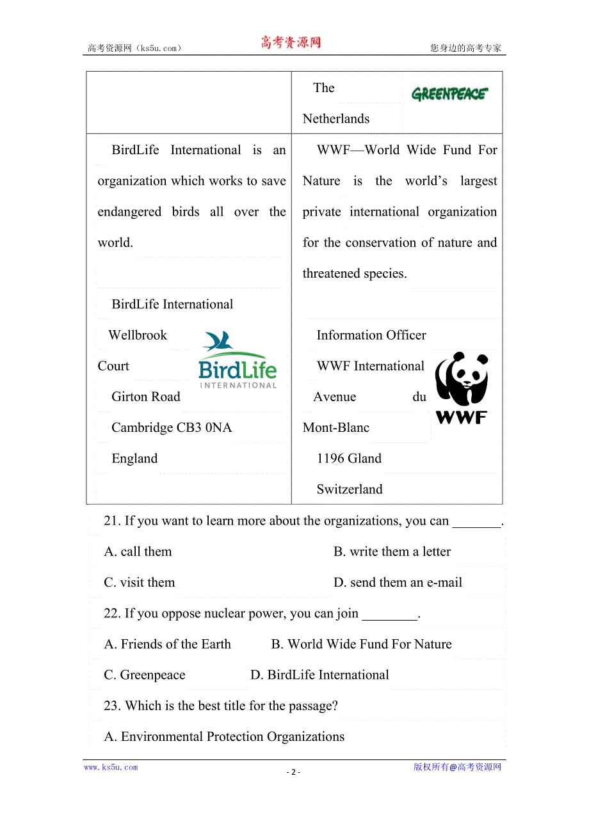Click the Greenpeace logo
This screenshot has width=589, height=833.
[449, 95]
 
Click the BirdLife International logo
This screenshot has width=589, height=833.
[238, 360]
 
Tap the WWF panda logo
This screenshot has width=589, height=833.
[461, 387]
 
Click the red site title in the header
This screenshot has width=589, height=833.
[291, 43]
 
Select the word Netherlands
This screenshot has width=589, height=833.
[336, 119]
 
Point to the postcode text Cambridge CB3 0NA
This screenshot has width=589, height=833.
[172, 427]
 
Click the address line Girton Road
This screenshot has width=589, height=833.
[146, 397]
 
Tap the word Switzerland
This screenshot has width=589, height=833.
[350, 489]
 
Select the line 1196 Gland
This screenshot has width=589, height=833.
[349, 459]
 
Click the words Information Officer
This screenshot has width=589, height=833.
[371, 335]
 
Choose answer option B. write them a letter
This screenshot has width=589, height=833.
[392, 551]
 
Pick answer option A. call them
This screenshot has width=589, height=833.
[138, 551]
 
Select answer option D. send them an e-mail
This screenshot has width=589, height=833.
[398, 582]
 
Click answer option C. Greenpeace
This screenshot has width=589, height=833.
[145, 675]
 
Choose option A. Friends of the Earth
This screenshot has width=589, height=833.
[168, 644]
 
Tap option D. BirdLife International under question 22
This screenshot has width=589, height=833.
[319, 675]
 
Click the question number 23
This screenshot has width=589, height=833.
[112, 706]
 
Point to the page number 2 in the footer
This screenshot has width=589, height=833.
[293, 772]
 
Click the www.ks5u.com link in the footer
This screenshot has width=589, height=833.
[111, 767]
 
